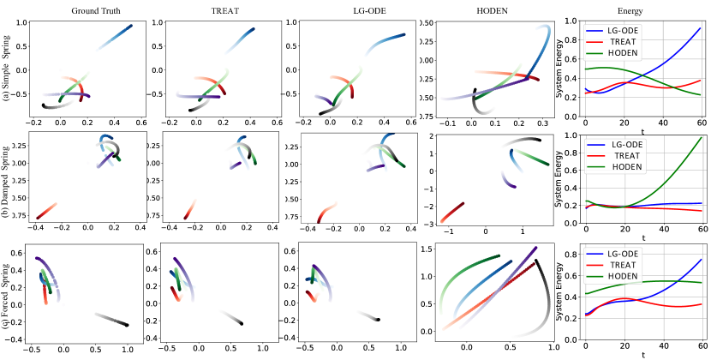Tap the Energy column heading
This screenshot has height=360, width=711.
(631, 8)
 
